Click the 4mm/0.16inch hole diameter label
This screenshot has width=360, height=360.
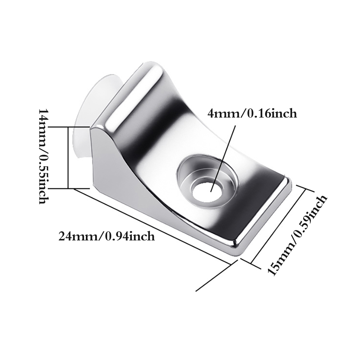click(252, 114)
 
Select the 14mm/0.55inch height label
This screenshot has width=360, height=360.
click(43, 156)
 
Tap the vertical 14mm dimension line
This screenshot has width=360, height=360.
click(68, 157)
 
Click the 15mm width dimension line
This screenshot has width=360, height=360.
click(278, 226)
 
